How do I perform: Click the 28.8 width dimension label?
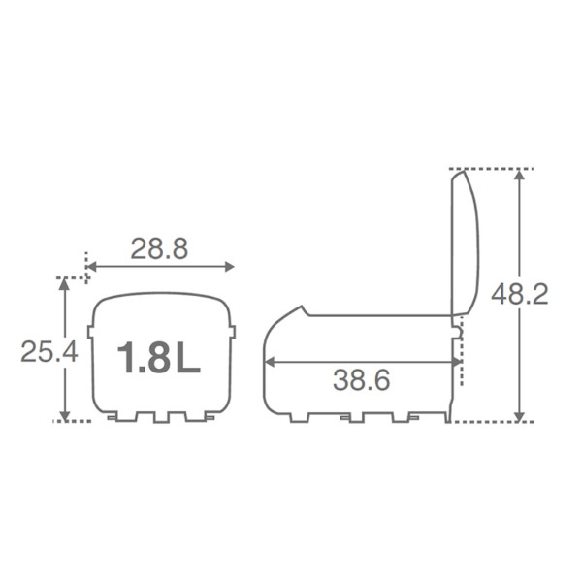[159, 248]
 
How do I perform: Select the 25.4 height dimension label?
[49, 351]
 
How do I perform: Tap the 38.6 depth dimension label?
[361, 380]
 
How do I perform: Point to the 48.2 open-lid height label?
[520, 295]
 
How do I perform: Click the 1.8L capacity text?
[159, 357]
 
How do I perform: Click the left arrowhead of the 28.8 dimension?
[91, 267]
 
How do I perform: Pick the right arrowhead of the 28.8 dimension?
[229, 267]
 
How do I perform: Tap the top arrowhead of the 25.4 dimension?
[65, 283]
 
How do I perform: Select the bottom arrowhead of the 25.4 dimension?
[65, 416]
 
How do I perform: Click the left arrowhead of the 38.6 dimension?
[270, 362]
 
